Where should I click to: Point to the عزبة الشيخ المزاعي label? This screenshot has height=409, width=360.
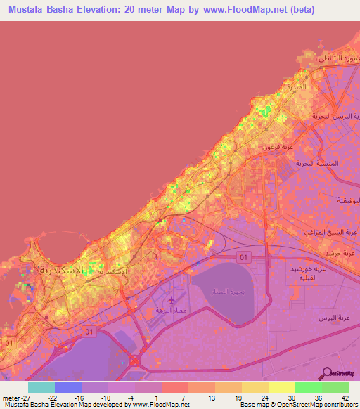tap(330, 231)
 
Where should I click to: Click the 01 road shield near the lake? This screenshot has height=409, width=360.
tap(244, 257)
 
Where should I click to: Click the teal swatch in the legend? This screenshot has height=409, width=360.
tap(41, 387)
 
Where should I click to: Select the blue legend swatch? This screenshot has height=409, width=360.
tap(68, 387)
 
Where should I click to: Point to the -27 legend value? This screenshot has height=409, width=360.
tap(27, 397)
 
